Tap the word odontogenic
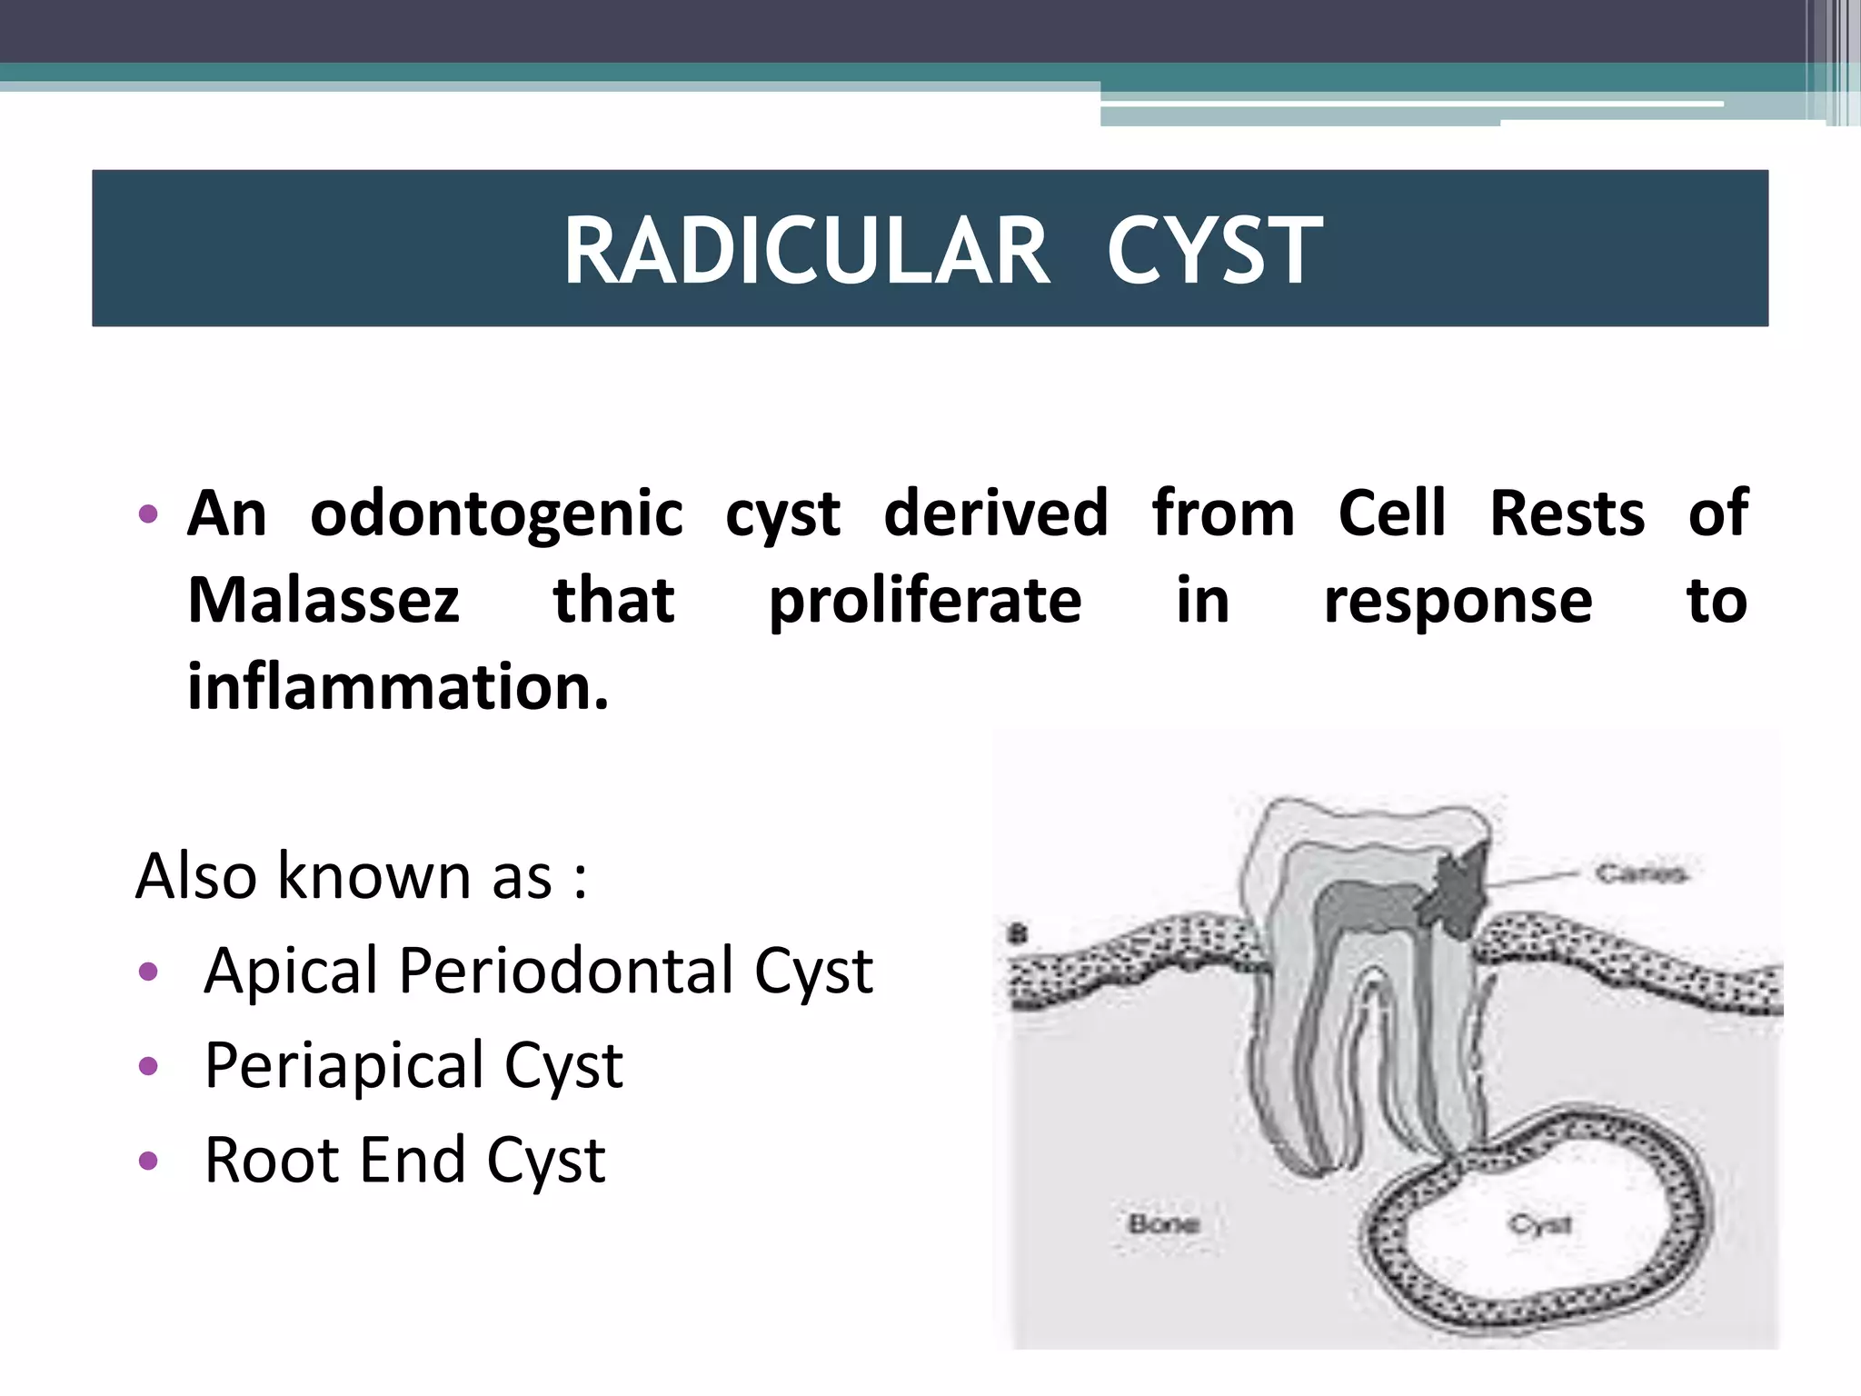[x=496, y=514]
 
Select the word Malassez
[x=323, y=601]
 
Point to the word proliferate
[x=925, y=603]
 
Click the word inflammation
[x=397, y=687]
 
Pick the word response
[x=1458, y=603]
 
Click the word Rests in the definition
[x=1567, y=514]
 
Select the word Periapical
[x=344, y=1066]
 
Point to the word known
[x=376, y=876]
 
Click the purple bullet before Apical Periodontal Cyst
[x=148, y=972]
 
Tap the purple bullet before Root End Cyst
[x=148, y=1161]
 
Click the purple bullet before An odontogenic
[x=148, y=514]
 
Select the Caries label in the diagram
[x=1640, y=874]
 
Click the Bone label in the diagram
[x=1164, y=1224]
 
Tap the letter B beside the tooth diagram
[x=1018, y=933]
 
